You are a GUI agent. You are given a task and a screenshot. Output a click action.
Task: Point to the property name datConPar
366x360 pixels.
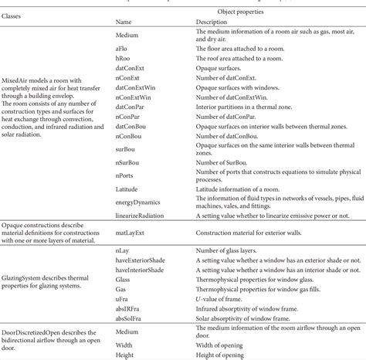(132, 107)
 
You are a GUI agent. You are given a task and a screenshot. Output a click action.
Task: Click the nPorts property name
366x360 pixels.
(127, 175)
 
